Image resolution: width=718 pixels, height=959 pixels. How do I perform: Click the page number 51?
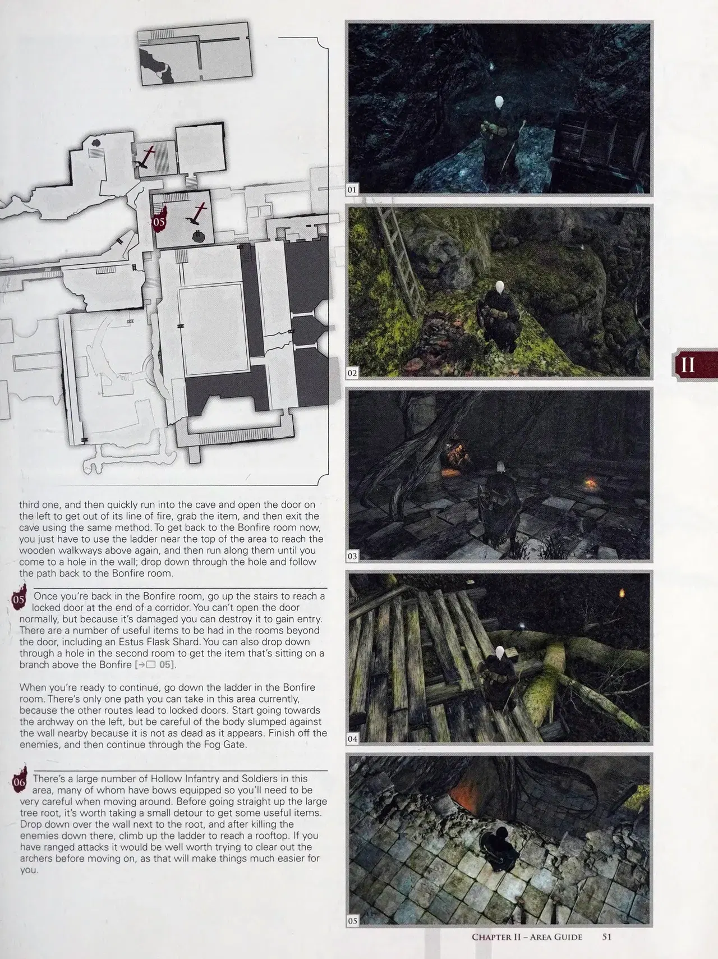606,937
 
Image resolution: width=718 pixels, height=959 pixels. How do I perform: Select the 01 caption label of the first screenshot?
352,190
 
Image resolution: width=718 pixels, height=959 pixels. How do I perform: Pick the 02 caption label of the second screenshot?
352,373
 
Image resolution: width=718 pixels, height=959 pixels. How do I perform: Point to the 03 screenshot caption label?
352,556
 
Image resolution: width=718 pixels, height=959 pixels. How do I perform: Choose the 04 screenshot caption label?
352,738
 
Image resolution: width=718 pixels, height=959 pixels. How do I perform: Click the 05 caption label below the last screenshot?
352,921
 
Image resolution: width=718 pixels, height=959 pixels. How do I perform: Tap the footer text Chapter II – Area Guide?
527,937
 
